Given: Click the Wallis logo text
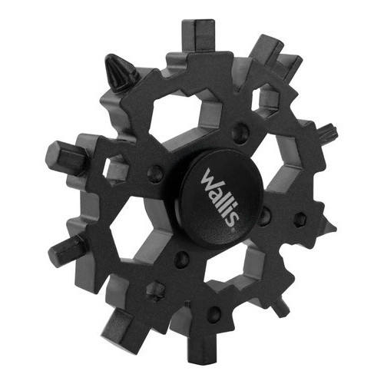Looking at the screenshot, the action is tap(220, 197).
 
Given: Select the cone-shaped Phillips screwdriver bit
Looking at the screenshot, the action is tap(121, 74).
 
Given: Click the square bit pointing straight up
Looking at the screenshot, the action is tap(197, 36).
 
